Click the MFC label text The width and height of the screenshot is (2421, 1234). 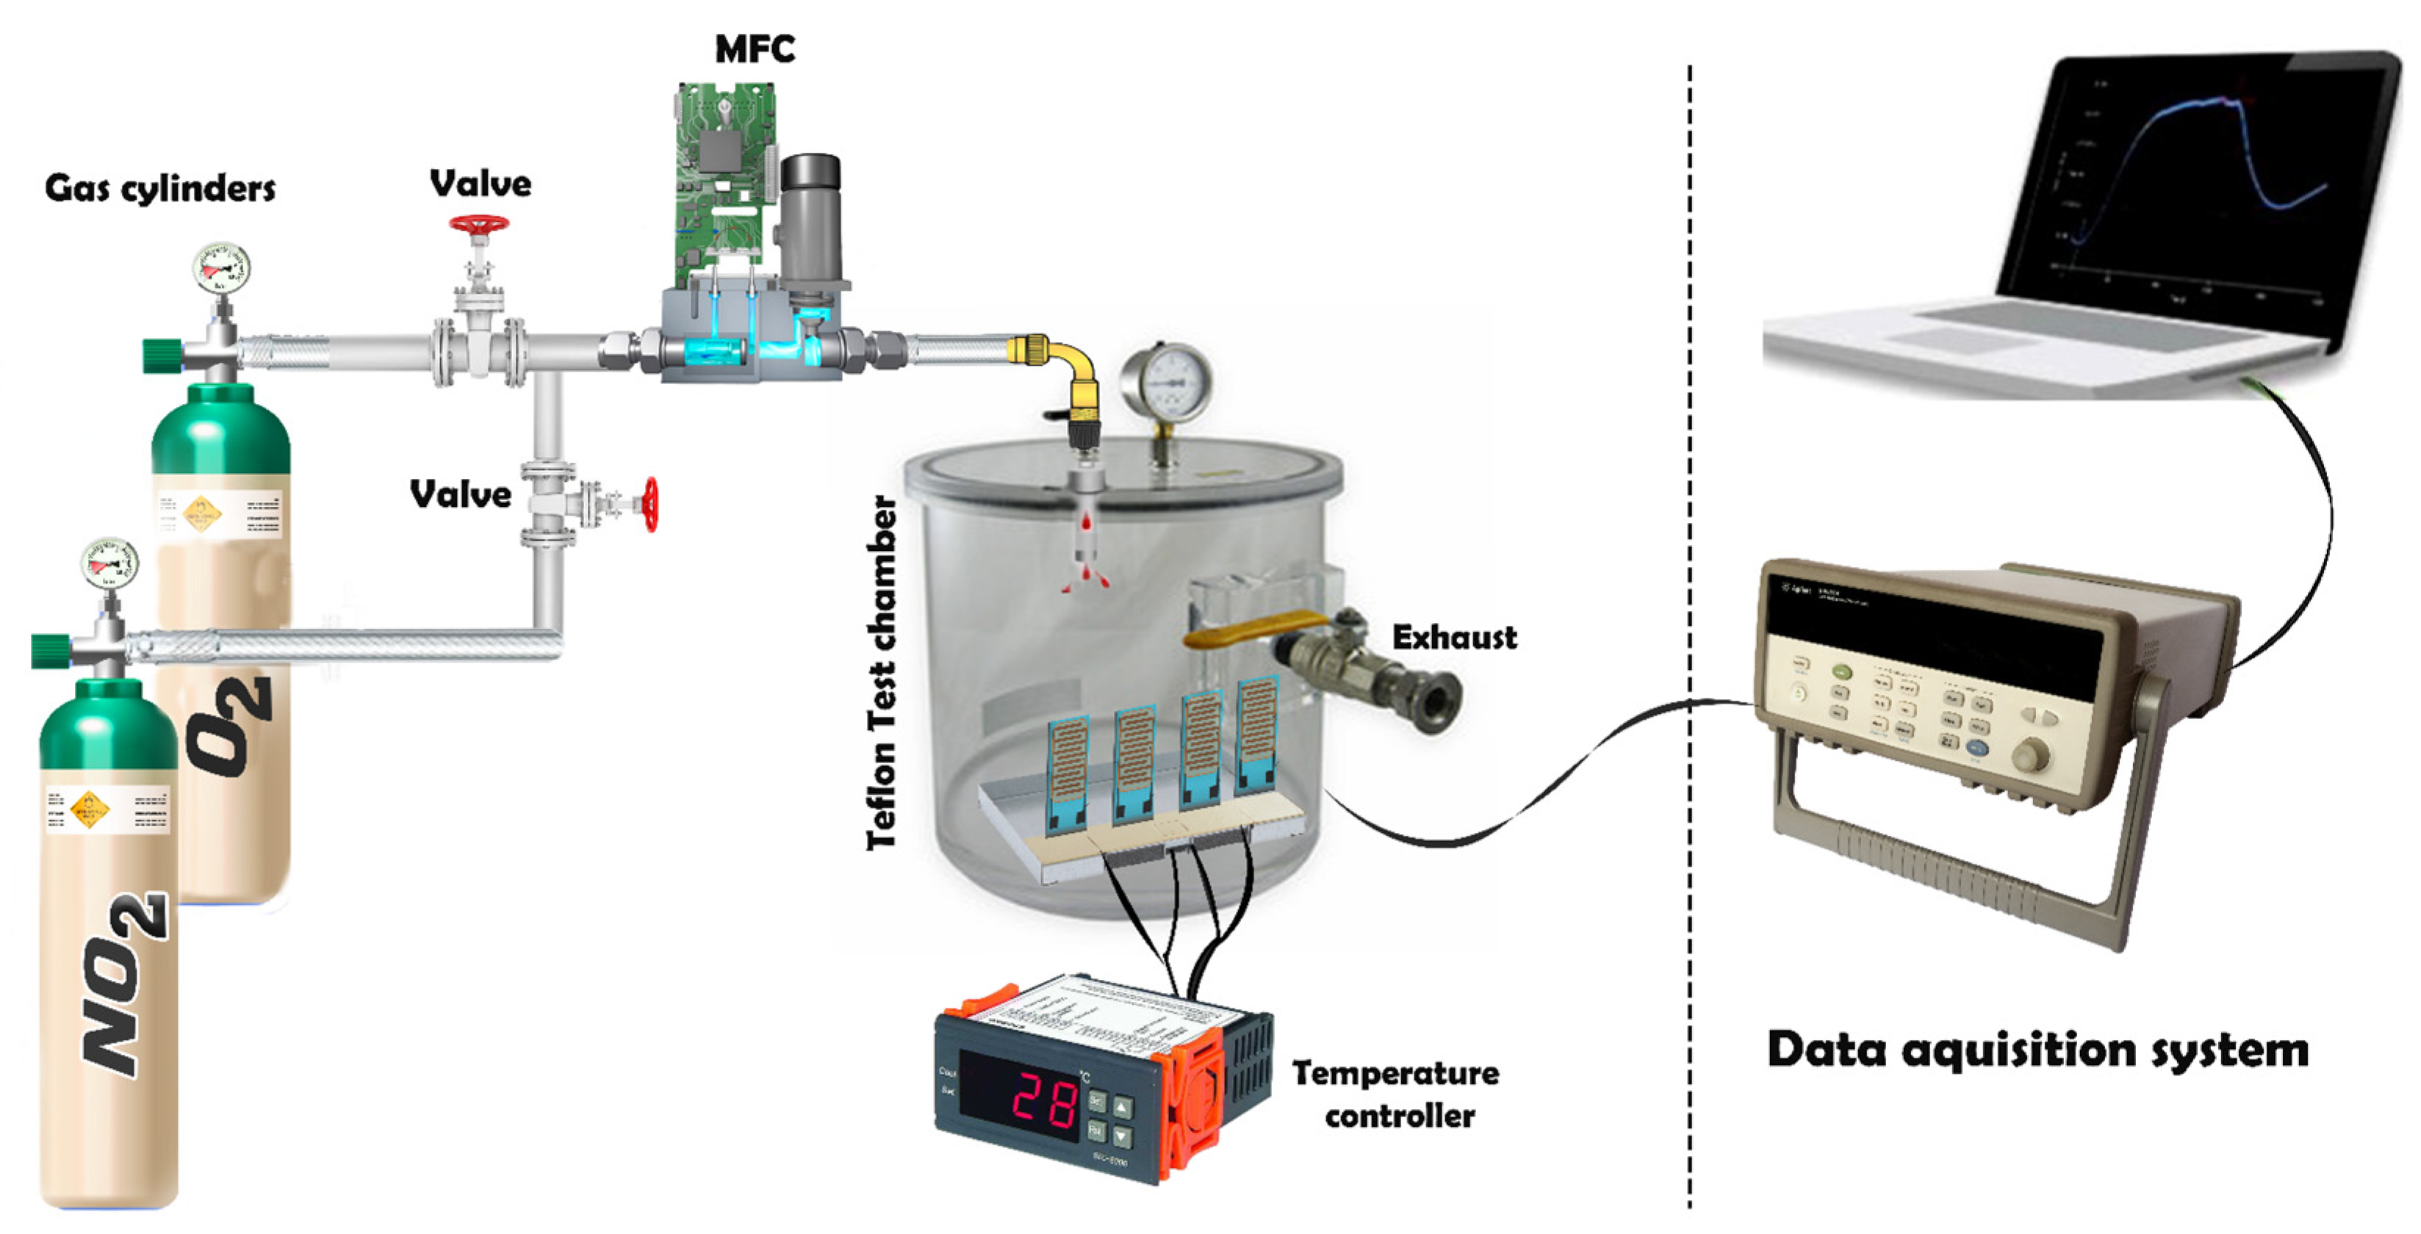(755, 49)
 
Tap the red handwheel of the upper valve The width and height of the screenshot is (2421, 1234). (478, 225)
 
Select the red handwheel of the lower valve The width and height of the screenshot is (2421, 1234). (650, 505)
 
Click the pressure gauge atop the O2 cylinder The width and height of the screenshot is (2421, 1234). (222, 269)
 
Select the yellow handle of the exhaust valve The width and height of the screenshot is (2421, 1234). (1250, 628)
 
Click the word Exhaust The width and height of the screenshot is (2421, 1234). (1454, 638)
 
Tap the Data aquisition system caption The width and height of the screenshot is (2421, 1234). (2037, 1049)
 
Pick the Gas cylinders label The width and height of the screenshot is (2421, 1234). (159, 189)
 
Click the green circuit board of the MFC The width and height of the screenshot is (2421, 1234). (724, 169)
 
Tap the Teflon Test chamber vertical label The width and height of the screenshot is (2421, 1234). (882, 672)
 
